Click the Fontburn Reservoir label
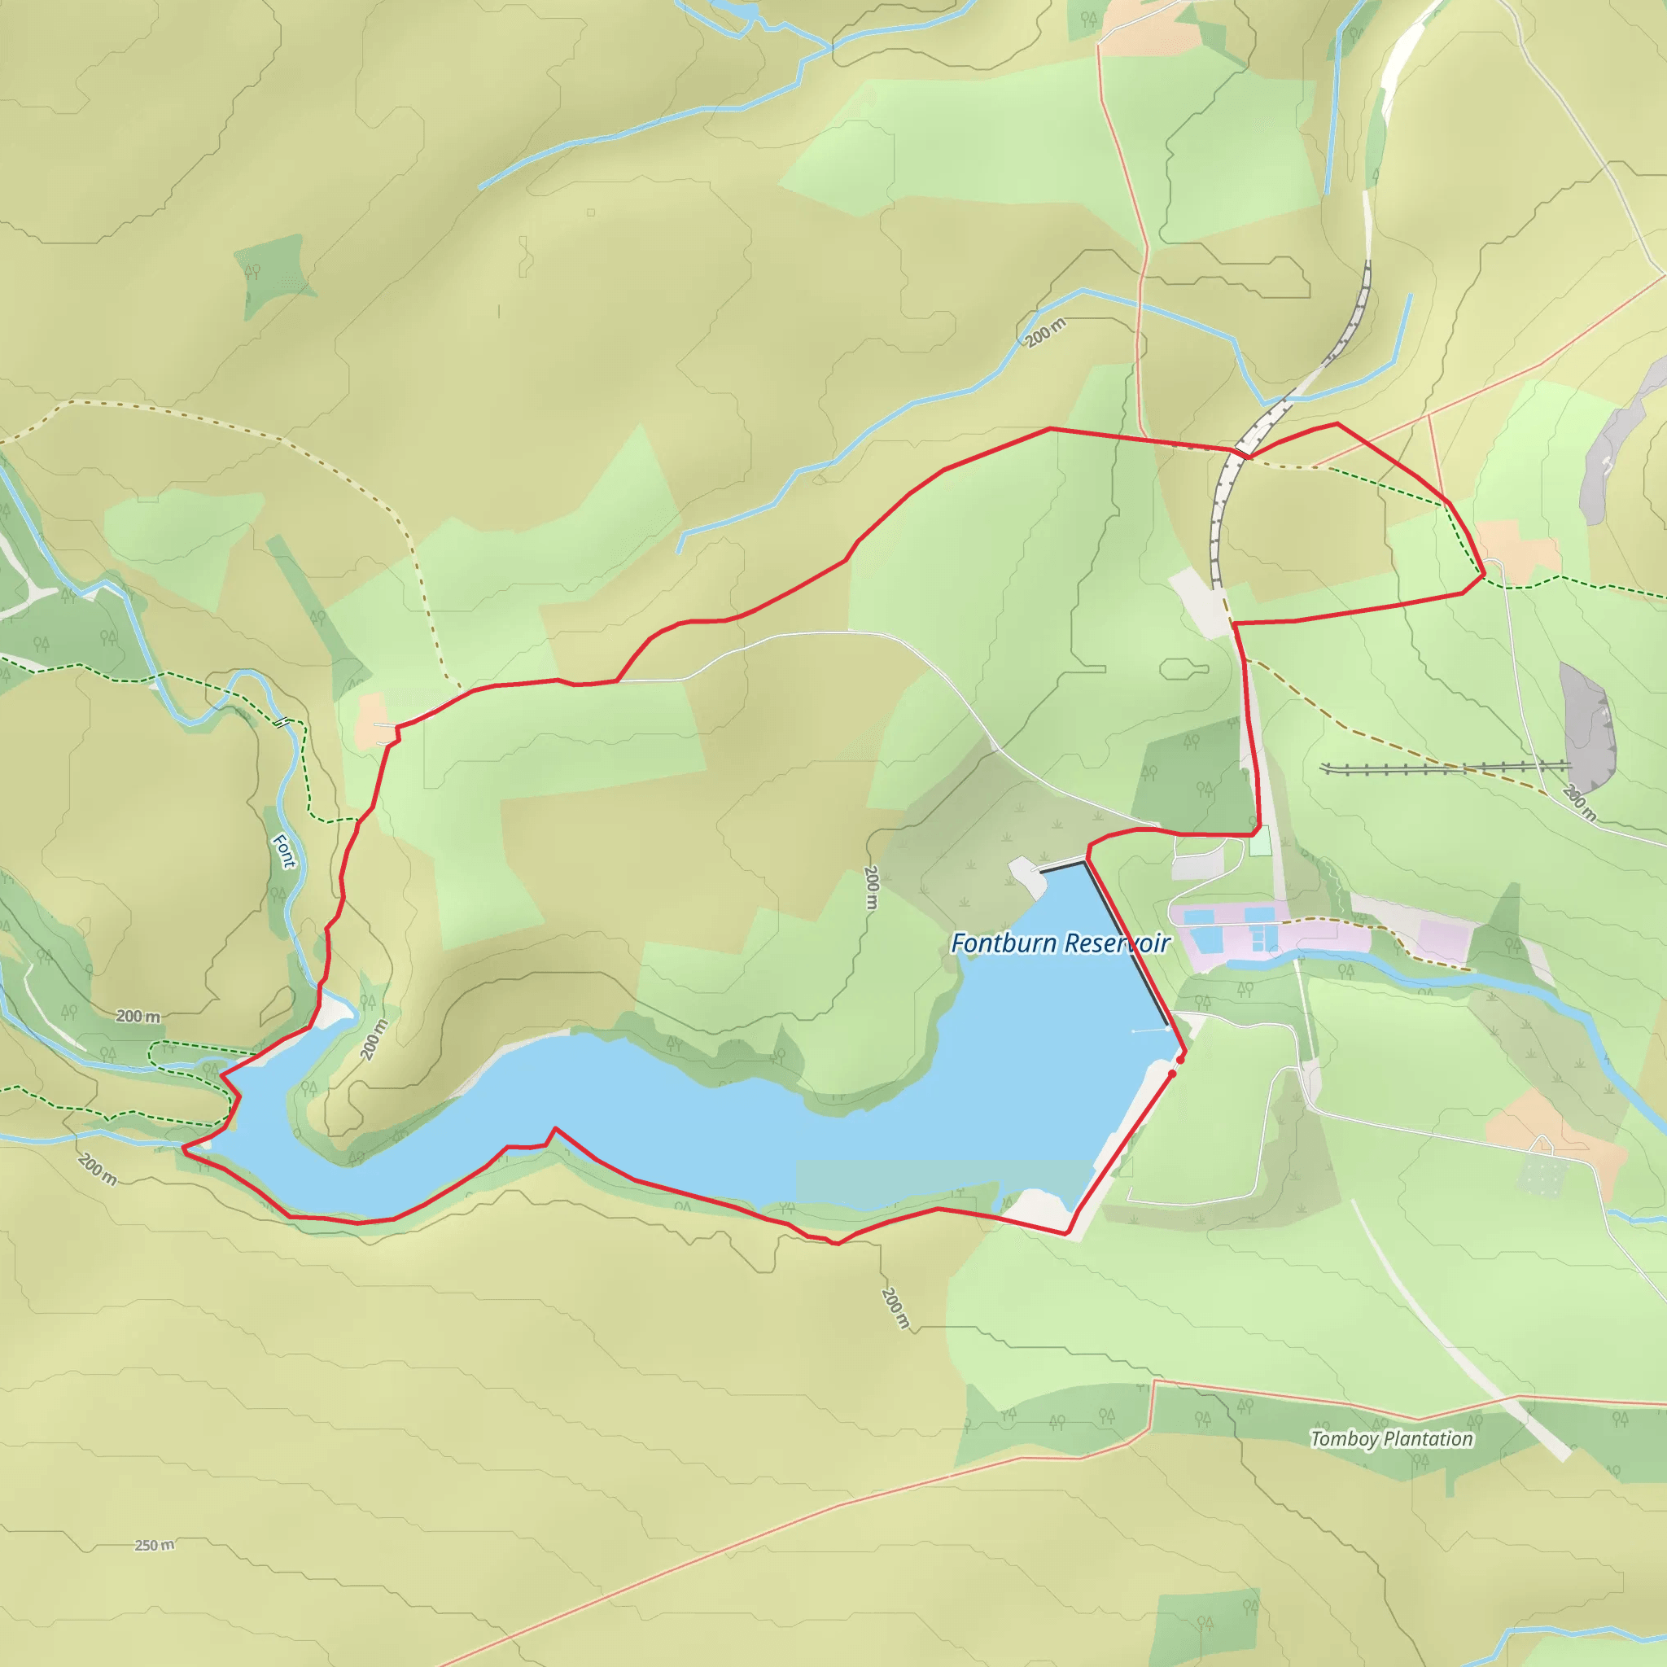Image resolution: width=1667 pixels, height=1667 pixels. pyautogui.click(x=1060, y=943)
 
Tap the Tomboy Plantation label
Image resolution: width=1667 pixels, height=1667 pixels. pyautogui.click(x=1391, y=1438)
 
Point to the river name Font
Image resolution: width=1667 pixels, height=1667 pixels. pyautogui.click(x=284, y=851)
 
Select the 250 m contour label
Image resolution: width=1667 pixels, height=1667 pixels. pyautogui.click(x=155, y=1544)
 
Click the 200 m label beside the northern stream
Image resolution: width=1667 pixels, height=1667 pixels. pyautogui.click(x=1046, y=332)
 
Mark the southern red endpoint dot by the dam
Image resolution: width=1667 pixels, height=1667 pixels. pyautogui.click(x=1172, y=1074)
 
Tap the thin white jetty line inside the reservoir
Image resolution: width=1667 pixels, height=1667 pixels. pyautogui.click(x=1151, y=1030)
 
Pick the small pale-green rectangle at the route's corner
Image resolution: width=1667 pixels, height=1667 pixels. pyautogui.click(x=1261, y=842)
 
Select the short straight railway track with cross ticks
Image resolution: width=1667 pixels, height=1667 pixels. pyautogui.click(x=1446, y=766)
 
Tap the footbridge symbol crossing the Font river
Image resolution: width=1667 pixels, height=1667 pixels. pyautogui.click(x=281, y=721)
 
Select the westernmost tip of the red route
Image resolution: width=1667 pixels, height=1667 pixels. pyautogui.click(x=183, y=1148)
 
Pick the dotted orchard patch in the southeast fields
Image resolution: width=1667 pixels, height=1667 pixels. pyautogui.click(x=1540, y=1175)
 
